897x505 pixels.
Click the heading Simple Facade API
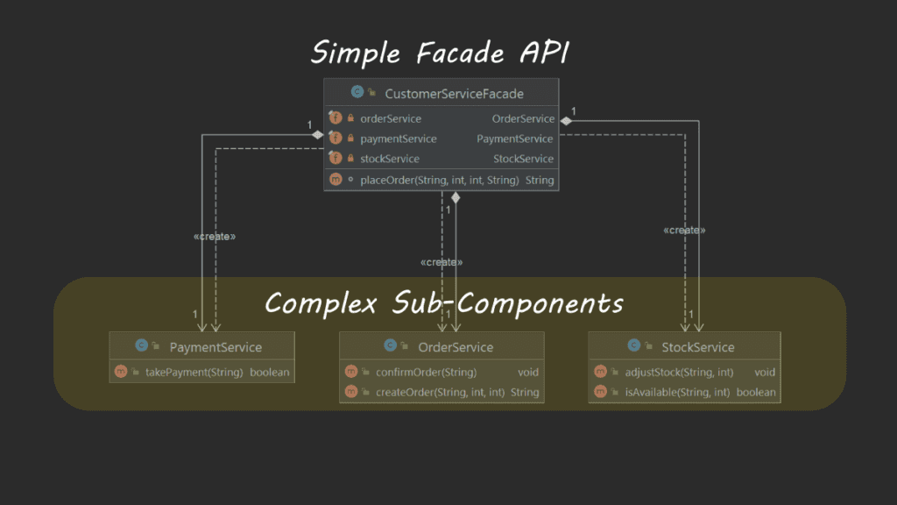pyautogui.click(x=440, y=53)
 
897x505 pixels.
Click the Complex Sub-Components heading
pyautogui.click(x=444, y=303)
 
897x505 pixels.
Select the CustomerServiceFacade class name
pyautogui.click(x=454, y=92)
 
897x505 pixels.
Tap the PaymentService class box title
pyautogui.click(x=215, y=347)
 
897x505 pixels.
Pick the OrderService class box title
pyautogui.click(x=456, y=347)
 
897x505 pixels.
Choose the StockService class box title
pyautogui.click(x=697, y=347)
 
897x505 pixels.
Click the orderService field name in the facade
pyautogui.click(x=391, y=118)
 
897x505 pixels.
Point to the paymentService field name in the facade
pyautogui.click(x=399, y=139)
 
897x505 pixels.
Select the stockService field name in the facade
pyautogui.click(x=390, y=159)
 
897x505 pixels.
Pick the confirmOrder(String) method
pyautogui.click(x=426, y=372)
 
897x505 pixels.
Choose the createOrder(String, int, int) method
pyautogui.click(x=440, y=392)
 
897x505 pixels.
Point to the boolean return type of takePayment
pyautogui.click(x=270, y=372)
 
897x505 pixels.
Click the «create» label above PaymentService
pyautogui.click(x=215, y=237)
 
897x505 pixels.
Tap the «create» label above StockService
pyautogui.click(x=685, y=230)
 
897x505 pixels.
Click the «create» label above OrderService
pyautogui.click(x=441, y=262)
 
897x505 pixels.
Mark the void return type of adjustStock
pyautogui.click(x=765, y=372)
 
